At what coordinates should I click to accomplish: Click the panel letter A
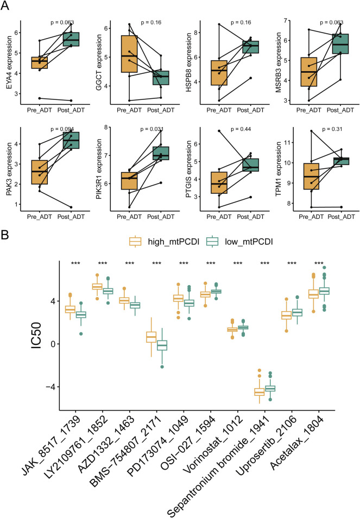[x=5, y=5]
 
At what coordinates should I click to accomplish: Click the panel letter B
[x=5, y=235]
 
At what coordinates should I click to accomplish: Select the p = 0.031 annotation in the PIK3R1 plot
[x=152, y=129]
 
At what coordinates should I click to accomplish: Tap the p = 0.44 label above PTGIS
[x=241, y=129]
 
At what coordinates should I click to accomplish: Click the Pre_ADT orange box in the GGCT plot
[x=129, y=54]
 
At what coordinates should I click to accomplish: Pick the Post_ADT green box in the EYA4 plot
[x=71, y=39]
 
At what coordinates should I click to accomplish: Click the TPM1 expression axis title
[x=279, y=169]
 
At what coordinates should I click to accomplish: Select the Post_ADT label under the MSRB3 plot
[x=340, y=110]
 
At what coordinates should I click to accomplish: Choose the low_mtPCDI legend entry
[x=239, y=242]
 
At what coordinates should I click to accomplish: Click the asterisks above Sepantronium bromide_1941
[x=265, y=263]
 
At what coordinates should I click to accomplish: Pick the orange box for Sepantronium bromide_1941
[x=259, y=392]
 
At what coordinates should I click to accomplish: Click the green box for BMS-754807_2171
[x=162, y=345]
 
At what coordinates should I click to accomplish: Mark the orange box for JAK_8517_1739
[x=70, y=309]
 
